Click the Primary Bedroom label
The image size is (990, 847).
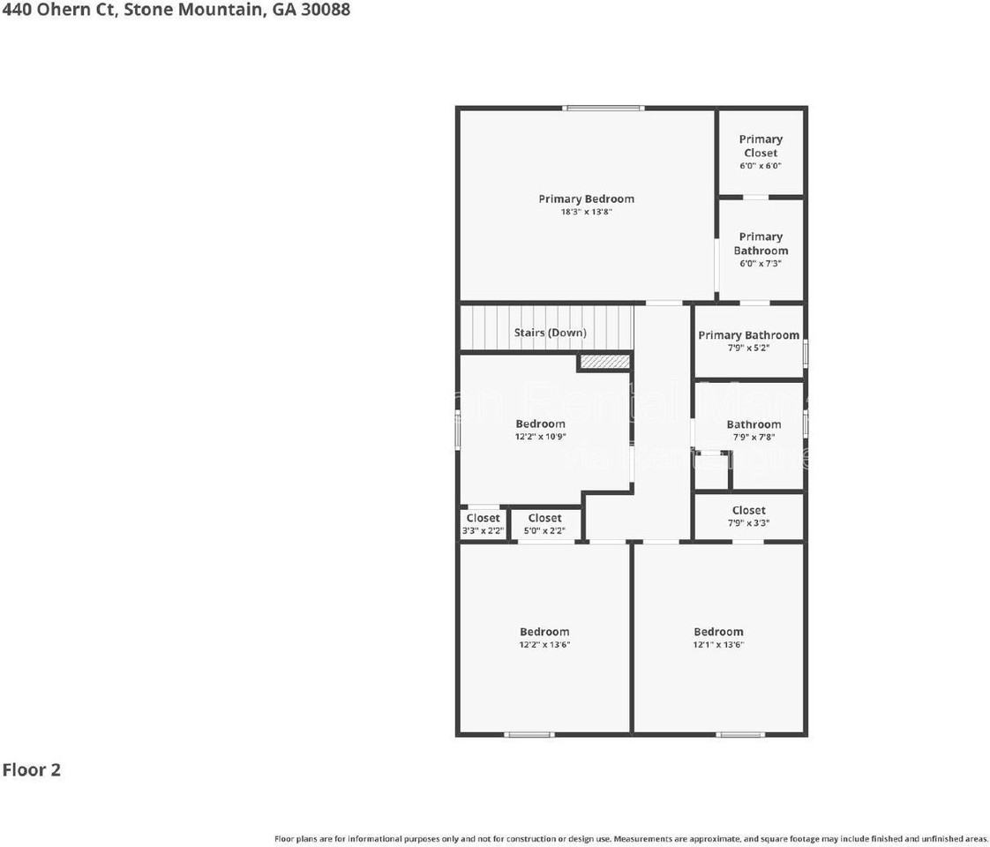tap(586, 199)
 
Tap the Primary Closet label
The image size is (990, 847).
tap(761, 146)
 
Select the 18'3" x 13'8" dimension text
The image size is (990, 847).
tap(586, 212)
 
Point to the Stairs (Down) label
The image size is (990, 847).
tap(550, 333)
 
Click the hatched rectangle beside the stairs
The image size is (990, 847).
tap(604, 362)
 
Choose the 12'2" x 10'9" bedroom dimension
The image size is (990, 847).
tap(540, 437)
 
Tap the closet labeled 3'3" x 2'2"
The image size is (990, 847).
tap(483, 524)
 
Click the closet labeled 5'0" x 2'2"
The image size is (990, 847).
tap(544, 524)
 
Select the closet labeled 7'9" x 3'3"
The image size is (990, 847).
tap(748, 516)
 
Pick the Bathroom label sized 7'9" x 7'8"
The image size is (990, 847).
tap(754, 424)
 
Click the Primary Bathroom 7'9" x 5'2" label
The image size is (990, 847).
tap(748, 335)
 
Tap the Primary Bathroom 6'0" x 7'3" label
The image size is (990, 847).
tap(761, 244)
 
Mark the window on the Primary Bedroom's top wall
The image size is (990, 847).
tap(604, 109)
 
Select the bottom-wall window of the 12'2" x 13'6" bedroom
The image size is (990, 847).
tap(529, 734)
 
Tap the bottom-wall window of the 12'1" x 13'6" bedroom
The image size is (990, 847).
tap(740, 734)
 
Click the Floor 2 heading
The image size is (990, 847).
tap(31, 769)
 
